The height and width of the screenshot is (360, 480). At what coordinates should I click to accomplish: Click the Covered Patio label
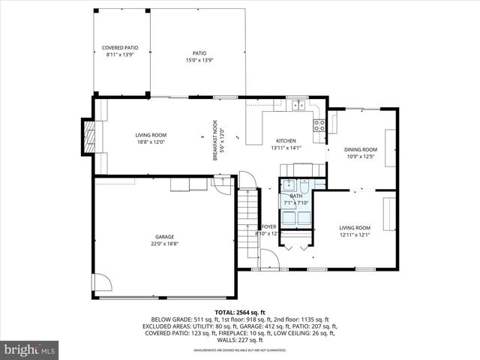tap(120, 51)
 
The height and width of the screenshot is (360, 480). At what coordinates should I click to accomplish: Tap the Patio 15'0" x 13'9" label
tap(199, 56)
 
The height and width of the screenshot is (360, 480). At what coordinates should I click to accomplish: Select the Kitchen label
tap(285, 144)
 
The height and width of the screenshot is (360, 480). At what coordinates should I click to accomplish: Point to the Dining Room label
tap(360, 153)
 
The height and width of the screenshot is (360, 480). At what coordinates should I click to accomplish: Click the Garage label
tap(165, 240)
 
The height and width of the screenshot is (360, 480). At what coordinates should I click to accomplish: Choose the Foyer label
tap(268, 229)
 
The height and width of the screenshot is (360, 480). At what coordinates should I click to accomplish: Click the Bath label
tap(296, 199)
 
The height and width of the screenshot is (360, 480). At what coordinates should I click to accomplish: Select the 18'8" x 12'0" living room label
tap(150, 138)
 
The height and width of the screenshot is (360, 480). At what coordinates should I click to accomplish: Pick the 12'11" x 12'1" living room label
tap(355, 231)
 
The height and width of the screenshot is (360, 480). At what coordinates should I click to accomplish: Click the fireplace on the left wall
tap(89, 137)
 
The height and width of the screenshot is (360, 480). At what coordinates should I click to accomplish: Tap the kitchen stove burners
tap(319, 125)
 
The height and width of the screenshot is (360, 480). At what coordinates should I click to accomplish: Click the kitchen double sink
tap(298, 104)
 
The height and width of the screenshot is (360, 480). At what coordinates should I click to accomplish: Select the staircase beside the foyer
tap(247, 221)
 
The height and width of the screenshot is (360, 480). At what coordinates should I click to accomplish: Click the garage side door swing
tap(101, 283)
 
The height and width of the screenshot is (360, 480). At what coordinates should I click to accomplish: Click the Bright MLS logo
tap(30, 349)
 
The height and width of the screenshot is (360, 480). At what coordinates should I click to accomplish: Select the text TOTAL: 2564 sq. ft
tap(240, 312)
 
